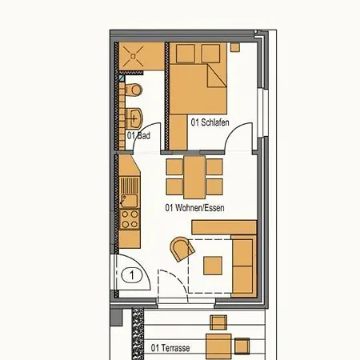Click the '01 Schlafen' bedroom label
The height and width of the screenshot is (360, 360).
point(210,122)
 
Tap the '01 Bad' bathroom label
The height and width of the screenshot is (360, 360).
point(138,135)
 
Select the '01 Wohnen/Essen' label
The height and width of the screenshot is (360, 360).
point(194,208)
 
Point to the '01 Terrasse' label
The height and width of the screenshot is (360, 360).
point(170,348)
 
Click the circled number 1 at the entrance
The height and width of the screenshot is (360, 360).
point(132,275)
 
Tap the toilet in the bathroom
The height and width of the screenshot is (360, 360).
point(134,90)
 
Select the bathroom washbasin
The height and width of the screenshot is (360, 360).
point(134,118)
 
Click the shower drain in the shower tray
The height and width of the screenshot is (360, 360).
point(133,56)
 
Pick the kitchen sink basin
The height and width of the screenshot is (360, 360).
point(130,201)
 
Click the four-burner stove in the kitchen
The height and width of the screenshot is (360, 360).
point(130,219)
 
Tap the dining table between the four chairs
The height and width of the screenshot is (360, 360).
point(194,178)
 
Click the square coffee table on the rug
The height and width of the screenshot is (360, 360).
point(213,266)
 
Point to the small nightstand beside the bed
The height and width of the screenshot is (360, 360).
point(235,47)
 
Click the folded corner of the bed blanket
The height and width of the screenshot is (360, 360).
point(216,77)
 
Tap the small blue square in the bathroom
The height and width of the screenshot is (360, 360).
point(122,78)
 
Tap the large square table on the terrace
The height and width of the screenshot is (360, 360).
point(218,346)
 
